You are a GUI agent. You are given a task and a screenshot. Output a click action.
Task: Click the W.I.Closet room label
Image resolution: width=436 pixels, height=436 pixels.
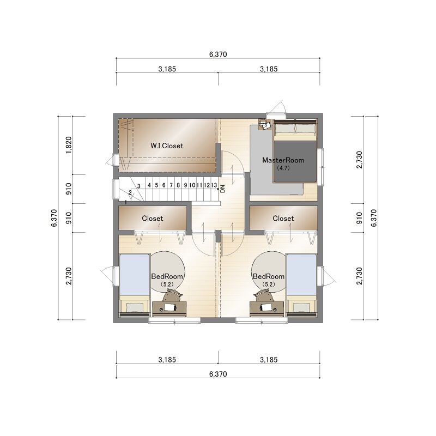(x=167, y=146)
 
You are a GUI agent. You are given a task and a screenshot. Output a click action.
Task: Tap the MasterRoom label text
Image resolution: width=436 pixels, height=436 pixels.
(x=283, y=160)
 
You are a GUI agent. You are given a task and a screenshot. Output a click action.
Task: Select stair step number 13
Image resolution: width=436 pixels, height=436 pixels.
(x=214, y=185)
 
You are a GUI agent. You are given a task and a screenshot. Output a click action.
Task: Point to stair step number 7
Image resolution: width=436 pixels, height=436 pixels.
(x=171, y=185)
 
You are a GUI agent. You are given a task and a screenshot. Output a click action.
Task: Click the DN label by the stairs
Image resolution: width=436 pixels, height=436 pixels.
(x=222, y=189)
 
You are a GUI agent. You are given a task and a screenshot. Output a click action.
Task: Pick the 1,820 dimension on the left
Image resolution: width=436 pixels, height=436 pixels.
(x=69, y=145)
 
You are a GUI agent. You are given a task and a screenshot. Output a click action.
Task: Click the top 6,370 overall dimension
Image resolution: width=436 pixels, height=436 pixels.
(x=218, y=54)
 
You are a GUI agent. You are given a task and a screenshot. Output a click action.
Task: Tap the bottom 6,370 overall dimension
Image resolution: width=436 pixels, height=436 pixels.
(x=218, y=374)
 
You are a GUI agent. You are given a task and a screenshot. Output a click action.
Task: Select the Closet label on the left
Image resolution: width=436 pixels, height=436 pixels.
(x=153, y=219)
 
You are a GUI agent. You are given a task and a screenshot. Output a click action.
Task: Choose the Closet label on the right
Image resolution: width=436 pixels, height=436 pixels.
(x=283, y=219)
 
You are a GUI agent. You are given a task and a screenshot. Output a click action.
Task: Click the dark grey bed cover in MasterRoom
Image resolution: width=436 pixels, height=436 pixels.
(x=295, y=161)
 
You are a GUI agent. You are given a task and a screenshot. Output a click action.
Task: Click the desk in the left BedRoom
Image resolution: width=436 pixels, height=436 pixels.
(x=169, y=308)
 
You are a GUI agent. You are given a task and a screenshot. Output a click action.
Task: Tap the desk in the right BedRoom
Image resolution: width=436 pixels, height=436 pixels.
(x=267, y=308)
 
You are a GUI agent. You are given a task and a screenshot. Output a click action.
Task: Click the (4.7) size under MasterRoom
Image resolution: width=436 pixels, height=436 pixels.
(x=283, y=168)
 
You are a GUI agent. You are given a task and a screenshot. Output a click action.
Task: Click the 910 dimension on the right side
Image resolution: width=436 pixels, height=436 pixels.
(x=359, y=218)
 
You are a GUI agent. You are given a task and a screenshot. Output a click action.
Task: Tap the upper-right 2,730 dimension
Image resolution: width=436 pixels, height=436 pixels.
(x=359, y=160)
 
